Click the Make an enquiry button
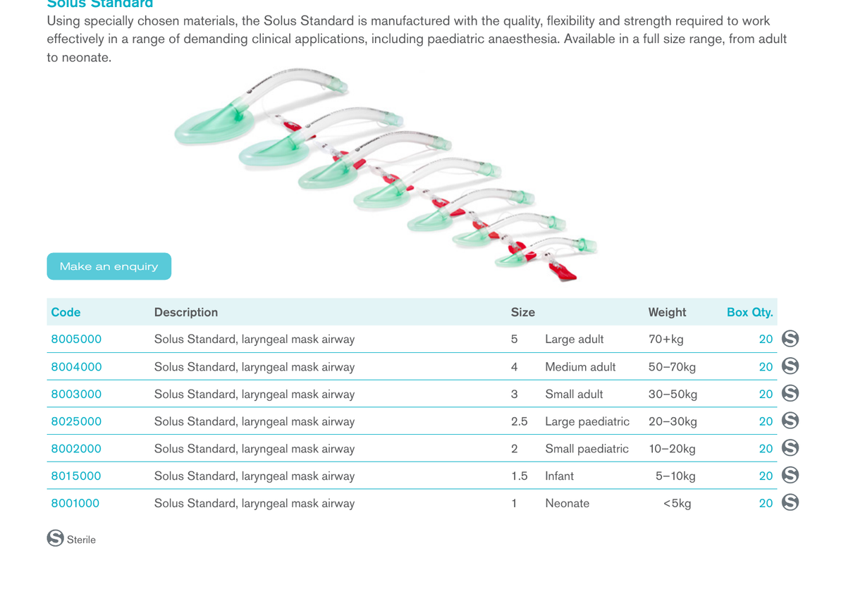point(109,266)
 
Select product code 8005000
point(76,339)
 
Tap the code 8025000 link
point(76,421)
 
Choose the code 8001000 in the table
point(75,503)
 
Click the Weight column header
point(667,312)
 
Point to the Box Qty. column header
point(749,312)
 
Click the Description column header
point(186,312)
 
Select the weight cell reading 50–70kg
point(672,367)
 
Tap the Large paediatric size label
point(587,421)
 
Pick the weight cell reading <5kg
point(678,503)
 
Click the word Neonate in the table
point(567,503)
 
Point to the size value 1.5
point(520,476)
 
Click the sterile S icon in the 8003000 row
point(790,393)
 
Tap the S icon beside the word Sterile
point(56,538)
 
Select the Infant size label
point(559,476)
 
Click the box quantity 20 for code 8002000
point(766,449)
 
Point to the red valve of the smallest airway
point(563,272)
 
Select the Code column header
point(66,312)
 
